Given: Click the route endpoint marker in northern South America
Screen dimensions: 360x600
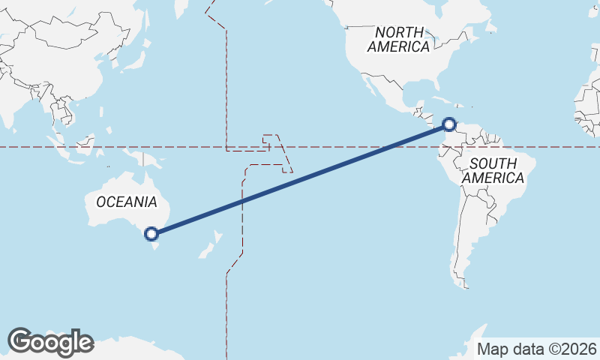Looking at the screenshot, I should tap(449, 124).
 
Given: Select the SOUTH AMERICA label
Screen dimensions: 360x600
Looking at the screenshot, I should tap(493, 171).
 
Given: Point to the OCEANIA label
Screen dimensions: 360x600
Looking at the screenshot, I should tap(127, 202).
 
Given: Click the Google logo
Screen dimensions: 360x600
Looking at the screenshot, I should tap(50, 342).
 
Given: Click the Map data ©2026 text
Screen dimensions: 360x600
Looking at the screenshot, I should tap(537, 349).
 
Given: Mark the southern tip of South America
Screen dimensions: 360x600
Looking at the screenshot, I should tap(466, 285).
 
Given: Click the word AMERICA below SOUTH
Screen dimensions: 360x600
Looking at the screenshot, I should tap(493, 178).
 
